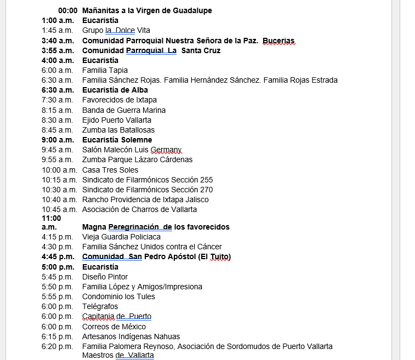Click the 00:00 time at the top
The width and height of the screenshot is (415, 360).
tap(68, 10)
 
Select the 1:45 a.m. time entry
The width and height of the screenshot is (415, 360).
tap(57, 30)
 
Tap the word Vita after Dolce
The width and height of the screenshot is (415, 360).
tap(144, 30)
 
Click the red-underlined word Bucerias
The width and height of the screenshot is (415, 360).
tap(278, 41)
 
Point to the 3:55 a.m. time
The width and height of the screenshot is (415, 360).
tap(58, 50)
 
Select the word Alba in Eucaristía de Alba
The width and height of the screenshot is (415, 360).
tap(138, 90)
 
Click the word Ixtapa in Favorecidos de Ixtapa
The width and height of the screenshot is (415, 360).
tap(145, 100)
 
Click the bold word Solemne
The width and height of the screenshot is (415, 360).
tap(137, 140)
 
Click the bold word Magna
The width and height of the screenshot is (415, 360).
tap(94, 227)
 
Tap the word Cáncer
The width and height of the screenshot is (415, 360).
tap(207, 247)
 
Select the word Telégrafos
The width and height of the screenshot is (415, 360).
tap(100, 306)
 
